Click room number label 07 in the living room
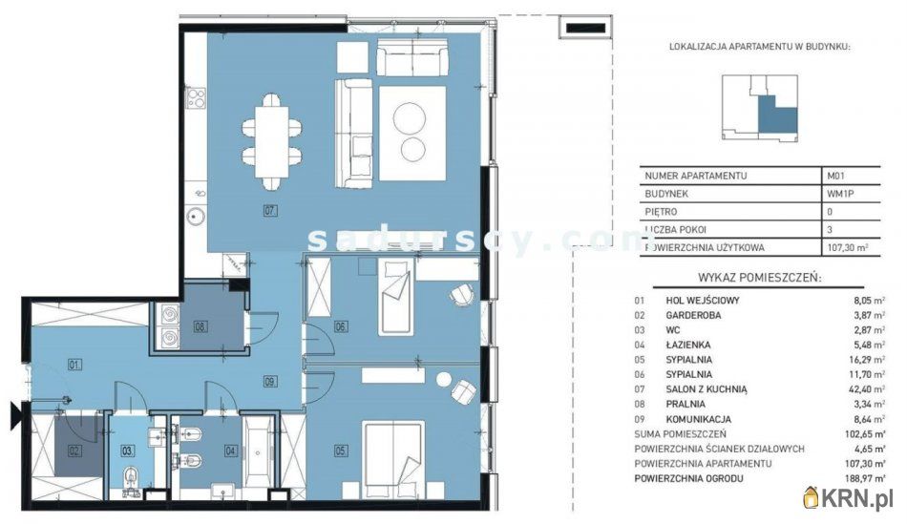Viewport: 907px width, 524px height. coord(270,211)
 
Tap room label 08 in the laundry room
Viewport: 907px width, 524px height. coord(200,326)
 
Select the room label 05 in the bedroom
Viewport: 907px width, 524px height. coord(341,450)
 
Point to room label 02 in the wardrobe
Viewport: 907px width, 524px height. coord(74,450)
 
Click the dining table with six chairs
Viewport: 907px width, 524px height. coord(272,141)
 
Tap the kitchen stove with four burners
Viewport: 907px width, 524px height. coord(196,97)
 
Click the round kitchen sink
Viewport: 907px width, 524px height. coord(196,217)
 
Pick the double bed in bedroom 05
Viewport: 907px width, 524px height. coord(392,460)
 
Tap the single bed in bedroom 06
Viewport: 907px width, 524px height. coord(396,297)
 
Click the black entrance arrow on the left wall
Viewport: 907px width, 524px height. coord(15,416)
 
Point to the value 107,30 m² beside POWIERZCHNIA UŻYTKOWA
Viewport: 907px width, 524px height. coord(848,247)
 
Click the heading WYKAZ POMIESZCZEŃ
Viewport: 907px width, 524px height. coord(759,277)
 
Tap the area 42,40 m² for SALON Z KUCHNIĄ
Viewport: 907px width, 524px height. coord(867,389)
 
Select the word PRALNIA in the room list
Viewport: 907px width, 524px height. coord(686,405)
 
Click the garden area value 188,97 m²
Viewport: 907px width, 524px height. coord(864,478)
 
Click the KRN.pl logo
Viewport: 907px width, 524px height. coord(848,497)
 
